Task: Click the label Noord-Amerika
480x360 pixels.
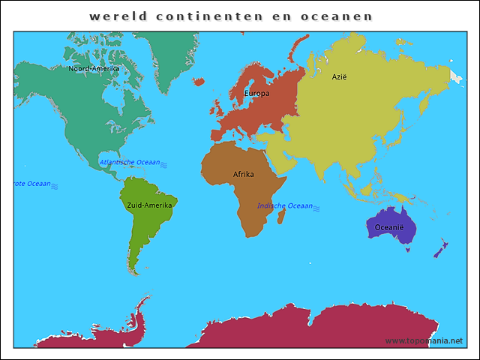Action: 94,68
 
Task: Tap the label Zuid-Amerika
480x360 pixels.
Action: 149,205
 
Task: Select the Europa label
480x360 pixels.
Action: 256,94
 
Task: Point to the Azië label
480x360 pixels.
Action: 340,76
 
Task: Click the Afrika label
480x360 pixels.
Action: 243,174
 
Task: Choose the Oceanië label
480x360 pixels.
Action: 389,227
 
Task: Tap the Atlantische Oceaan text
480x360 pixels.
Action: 129,162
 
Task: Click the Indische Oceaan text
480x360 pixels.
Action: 284,205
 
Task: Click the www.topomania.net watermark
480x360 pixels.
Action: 424,340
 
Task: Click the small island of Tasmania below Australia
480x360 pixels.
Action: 408,250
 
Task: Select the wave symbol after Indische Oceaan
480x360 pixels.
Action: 316,207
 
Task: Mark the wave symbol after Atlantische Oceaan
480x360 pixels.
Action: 163,163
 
